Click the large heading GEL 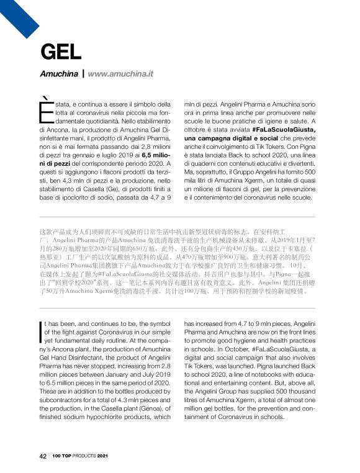pos(61,52)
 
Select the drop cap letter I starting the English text pos(40,329)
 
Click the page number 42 pos(43,456)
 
